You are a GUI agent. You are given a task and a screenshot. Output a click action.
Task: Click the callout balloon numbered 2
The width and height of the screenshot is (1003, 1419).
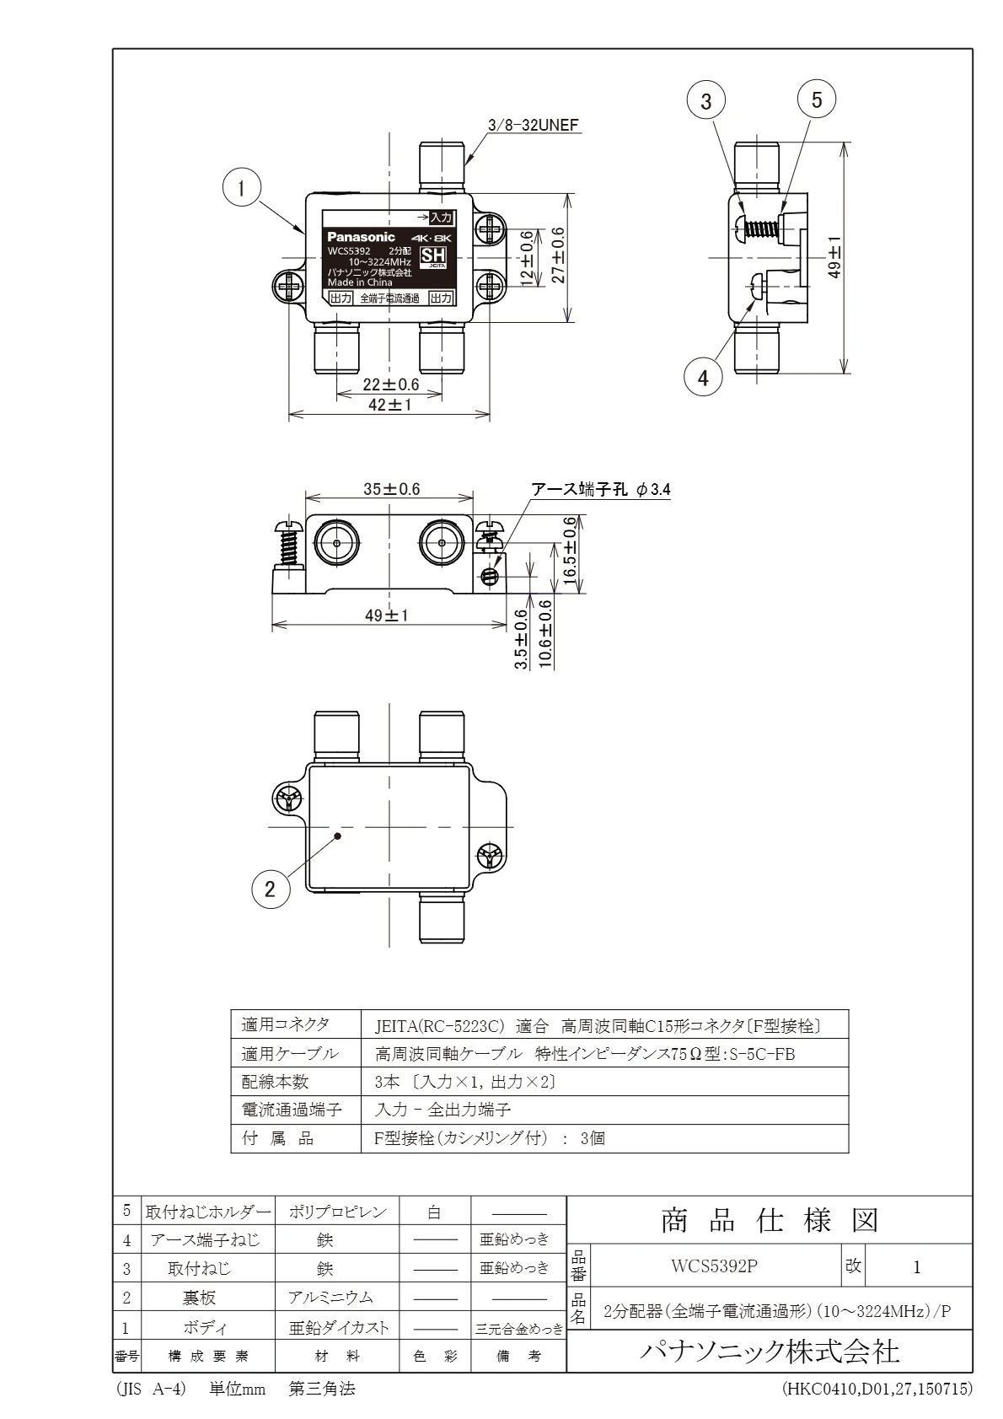point(270,889)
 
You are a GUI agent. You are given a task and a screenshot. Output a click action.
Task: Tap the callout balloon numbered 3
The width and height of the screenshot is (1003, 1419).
point(706,101)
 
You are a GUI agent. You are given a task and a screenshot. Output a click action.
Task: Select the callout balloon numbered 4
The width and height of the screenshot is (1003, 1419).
point(703,378)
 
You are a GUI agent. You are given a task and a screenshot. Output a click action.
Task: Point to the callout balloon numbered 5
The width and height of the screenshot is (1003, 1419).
point(816,99)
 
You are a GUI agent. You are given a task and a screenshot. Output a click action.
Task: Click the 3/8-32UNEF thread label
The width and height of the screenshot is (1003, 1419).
point(534,126)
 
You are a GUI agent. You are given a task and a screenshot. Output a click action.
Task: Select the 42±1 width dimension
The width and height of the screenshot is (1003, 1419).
point(389,405)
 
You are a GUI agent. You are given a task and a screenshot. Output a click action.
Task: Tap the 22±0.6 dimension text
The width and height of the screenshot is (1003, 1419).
point(390,384)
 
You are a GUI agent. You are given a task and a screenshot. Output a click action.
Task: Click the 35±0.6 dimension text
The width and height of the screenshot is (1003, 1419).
point(391,489)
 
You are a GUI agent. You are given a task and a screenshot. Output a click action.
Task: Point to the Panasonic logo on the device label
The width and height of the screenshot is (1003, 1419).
point(361,237)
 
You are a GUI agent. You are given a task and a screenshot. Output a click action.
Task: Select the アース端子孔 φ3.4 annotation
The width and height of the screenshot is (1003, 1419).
point(600,489)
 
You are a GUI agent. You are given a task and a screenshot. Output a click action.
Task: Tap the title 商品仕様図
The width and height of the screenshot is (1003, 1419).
point(770,1219)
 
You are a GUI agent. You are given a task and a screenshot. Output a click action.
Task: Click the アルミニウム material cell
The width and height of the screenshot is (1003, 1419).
point(330,1298)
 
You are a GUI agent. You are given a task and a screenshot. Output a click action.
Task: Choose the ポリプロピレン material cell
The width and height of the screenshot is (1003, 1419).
point(337,1212)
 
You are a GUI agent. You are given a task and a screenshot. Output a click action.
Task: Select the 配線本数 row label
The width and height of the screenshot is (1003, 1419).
point(276,1081)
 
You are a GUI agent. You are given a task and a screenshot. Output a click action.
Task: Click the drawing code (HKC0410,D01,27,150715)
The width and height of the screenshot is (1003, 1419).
point(877,1388)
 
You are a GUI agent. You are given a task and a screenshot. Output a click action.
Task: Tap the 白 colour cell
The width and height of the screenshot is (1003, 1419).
point(434,1212)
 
